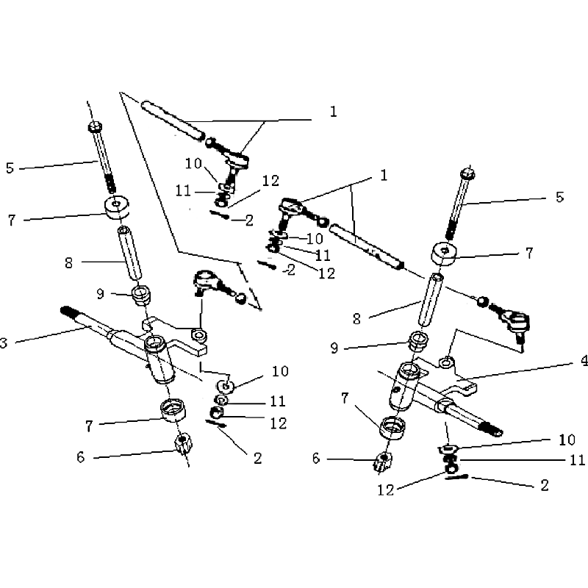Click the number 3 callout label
pos(4,343)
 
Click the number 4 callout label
pos(584,361)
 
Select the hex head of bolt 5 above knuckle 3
pos(94,126)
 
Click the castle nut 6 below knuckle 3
pos(183,445)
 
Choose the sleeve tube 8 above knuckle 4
pos(430,301)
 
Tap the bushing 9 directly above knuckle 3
pos(141,295)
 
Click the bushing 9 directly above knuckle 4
pos(418,341)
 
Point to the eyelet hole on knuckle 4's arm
pos(447,362)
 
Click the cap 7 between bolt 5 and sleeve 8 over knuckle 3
pos(116,207)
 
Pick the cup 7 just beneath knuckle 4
pos(392,427)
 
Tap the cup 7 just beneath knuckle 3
pos(173,410)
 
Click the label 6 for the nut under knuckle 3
pos(81,457)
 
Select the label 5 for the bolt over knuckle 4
pos(559,197)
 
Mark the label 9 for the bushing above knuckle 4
pos(334,348)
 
